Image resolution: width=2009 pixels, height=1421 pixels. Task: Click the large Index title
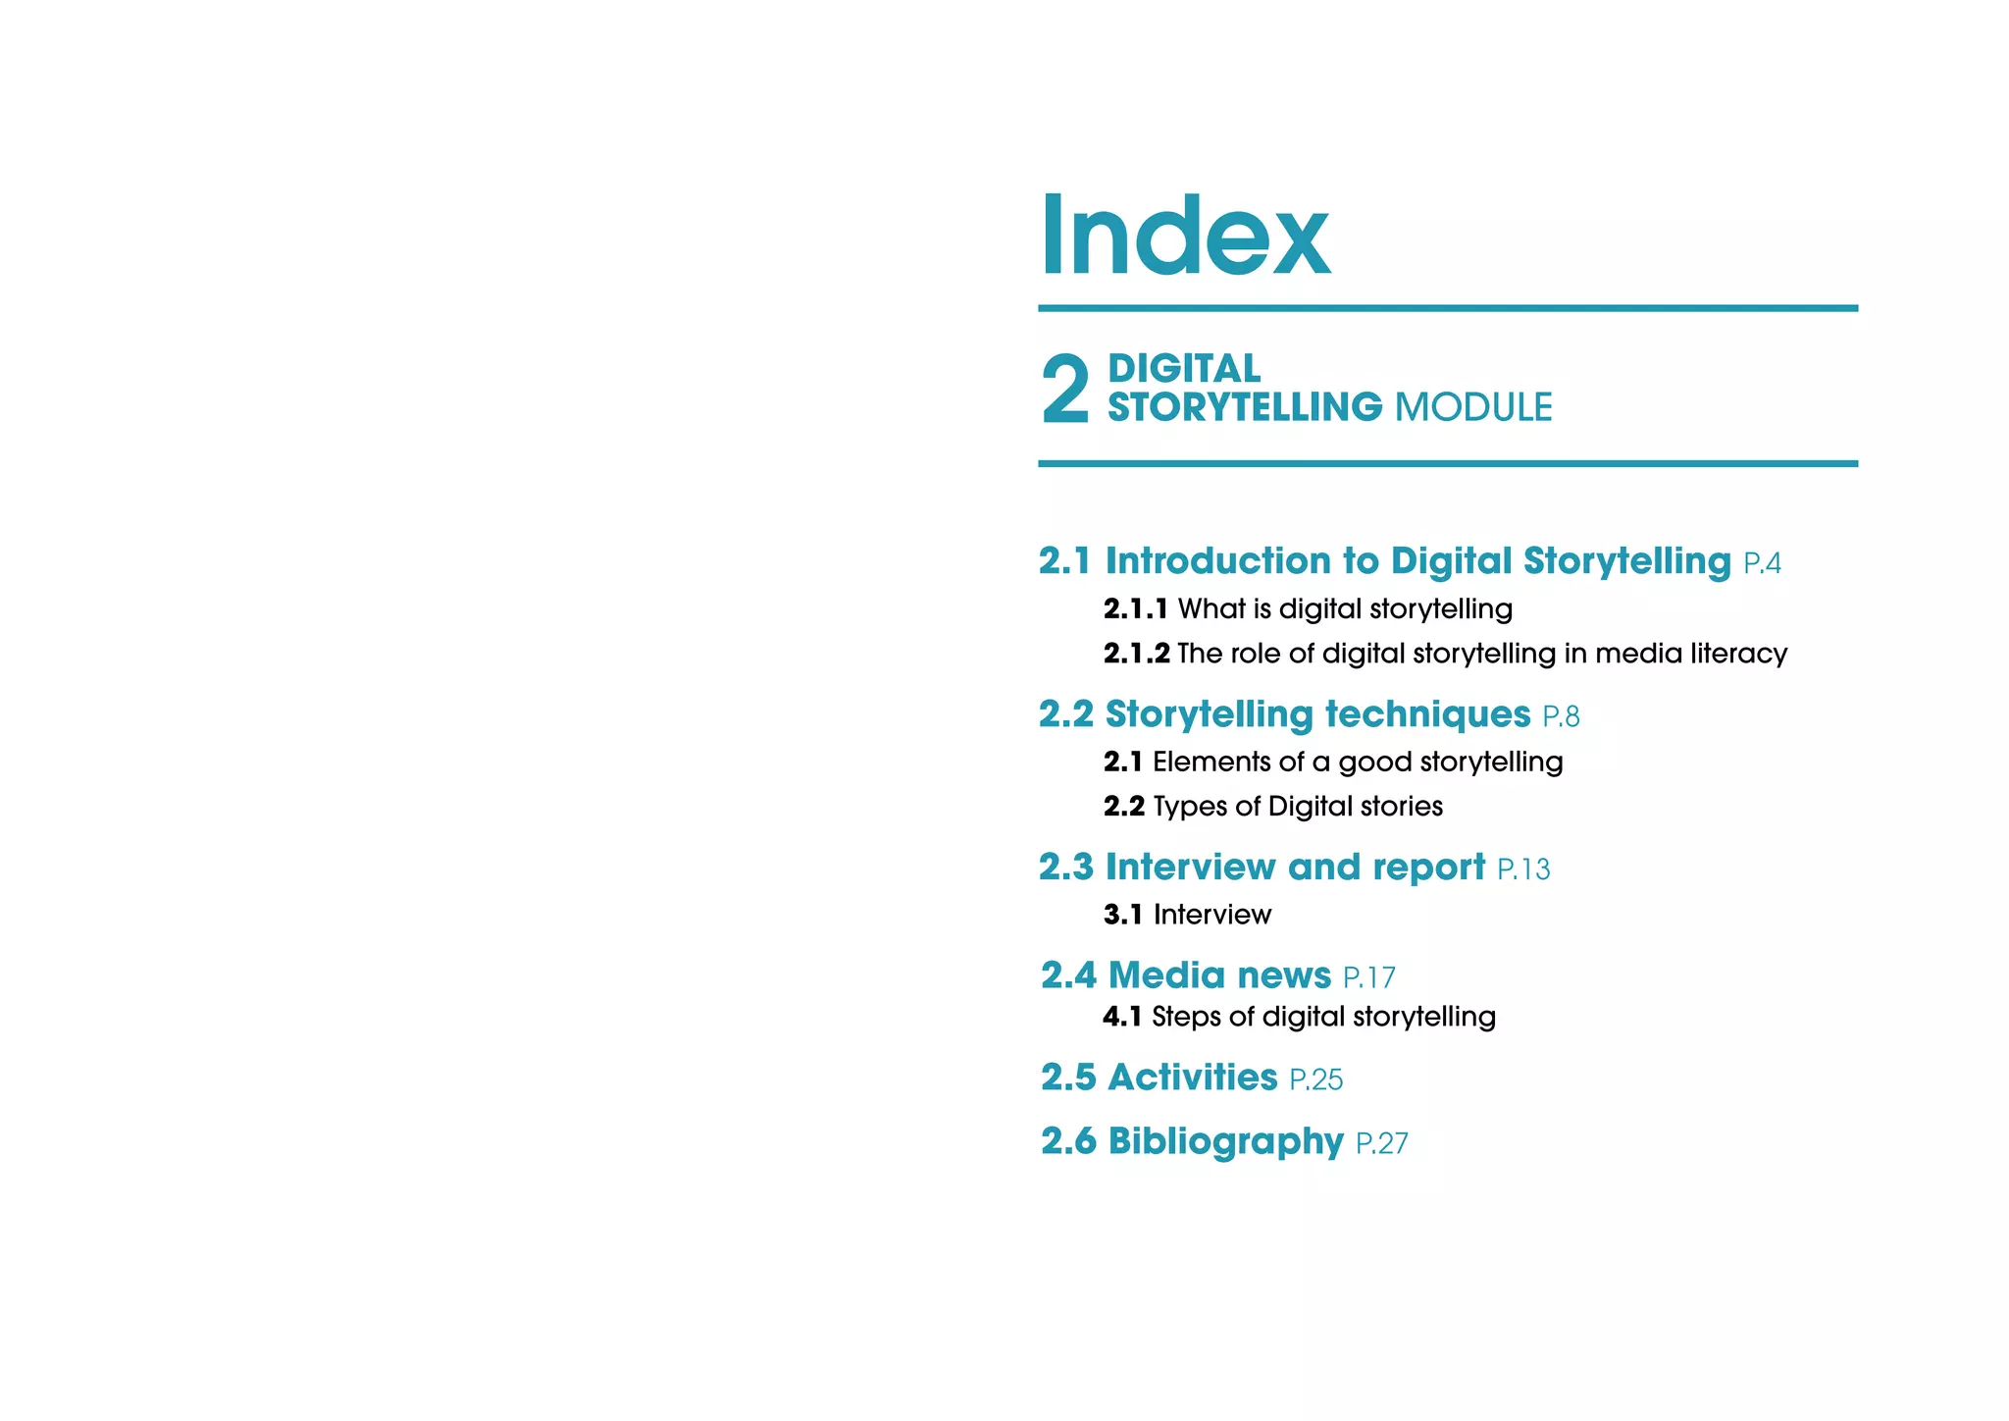tap(1184, 236)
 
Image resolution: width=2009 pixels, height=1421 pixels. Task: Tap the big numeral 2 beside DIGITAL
tap(1064, 390)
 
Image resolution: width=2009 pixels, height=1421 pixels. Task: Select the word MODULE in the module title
tap(1473, 407)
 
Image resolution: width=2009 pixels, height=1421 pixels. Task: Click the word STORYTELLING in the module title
tap(1245, 407)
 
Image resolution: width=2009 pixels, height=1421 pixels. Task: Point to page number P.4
tap(1762, 563)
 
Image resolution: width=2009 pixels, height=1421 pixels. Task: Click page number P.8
tap(1561, 717)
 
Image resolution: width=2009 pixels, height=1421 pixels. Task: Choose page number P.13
tap(1523, 869)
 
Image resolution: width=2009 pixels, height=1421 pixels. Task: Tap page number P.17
tap(1368, 977)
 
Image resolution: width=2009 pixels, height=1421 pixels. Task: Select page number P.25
tap(1315, 1079)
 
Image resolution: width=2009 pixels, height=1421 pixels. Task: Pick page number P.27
tap(1381, 1143)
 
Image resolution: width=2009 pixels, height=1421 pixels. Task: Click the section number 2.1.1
tap(1135, 609)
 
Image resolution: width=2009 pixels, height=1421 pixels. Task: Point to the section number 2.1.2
tap(1136, 654)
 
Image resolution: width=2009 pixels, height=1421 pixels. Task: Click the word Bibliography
tap(1225, 1141)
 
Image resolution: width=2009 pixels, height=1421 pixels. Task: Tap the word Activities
tap(1192, 1078)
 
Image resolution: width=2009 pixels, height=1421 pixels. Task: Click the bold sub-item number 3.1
tap(1122, 915)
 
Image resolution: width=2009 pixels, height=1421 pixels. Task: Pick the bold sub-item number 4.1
tap(1121, 1017)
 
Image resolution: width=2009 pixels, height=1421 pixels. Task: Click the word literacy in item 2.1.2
tap(1739, 654)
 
